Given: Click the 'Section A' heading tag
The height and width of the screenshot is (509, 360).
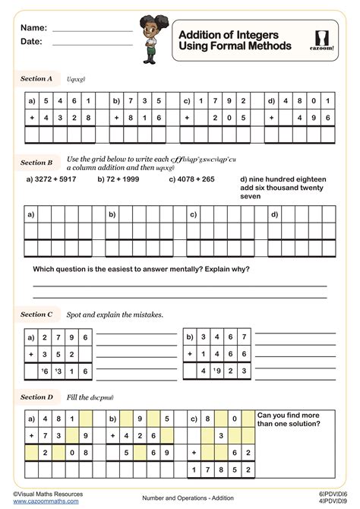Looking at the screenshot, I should (x=36, y=78).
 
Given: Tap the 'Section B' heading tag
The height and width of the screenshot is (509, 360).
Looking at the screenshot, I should (x=36, y=163).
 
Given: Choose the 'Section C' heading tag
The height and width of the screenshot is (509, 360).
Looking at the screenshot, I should (x=36, y=314).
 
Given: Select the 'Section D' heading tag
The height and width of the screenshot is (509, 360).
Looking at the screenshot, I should (x=36, y=397).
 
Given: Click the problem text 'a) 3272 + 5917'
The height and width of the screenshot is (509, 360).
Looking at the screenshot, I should (x=51, y=180).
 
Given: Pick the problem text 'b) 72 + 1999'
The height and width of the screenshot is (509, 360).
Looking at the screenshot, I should (x=120, y=180).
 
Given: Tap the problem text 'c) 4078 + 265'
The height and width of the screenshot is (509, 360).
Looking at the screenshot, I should (x=192, y=180).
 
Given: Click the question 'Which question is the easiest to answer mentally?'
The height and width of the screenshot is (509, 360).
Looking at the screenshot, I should (x=141, y=270).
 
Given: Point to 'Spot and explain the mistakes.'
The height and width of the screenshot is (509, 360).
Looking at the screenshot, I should (x=115, y=315).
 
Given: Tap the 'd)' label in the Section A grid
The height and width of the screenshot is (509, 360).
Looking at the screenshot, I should (x=272, y=100).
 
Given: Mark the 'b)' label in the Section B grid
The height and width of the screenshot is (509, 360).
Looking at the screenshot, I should (x=112, y=215).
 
